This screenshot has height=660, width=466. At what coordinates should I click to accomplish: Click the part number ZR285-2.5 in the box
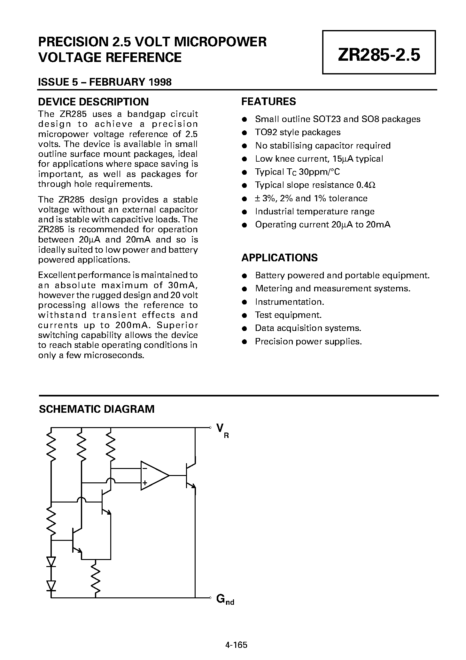pyautogui.click(x=379, y=55)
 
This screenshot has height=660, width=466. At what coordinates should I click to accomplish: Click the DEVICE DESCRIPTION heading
pyautogui.click(x=93, y=102)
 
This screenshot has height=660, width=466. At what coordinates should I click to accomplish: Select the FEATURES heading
pyautogui.click(x=268, y=102)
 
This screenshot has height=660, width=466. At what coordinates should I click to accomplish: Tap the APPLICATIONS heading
pyautogui.click(x=279, y=257)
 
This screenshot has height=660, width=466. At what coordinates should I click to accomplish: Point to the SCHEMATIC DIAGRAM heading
pyautogui.click(x=97, y=409)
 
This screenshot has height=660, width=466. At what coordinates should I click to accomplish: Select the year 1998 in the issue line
pyautogui.click(x=160, y=82)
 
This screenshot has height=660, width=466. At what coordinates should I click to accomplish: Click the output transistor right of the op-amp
pyautogui.click(x=190, y=476)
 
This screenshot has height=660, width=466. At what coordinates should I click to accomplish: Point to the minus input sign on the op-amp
pyautogui.click(x=144, y=469)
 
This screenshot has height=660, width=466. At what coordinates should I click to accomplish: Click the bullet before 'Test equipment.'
pyautogui.click(x=245, y=315)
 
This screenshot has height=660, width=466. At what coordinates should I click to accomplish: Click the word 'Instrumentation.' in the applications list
pyautogui.click(x=289, y=302)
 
